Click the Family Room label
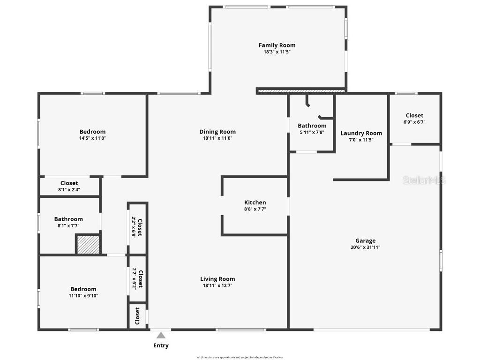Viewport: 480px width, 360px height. pos(277,45)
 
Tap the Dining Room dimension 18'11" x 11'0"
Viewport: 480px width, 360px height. pos(217,138)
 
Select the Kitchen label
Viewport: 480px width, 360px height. pos(255,202)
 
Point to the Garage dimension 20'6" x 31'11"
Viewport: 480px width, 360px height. pos(365,247)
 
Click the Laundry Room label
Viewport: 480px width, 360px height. pos(361,133)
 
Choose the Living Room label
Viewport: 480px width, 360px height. pos(217,279)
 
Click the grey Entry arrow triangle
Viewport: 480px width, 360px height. pos(161,335)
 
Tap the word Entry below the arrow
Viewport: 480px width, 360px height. pos(161,345)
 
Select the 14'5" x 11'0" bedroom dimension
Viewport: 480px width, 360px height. pos(92,138)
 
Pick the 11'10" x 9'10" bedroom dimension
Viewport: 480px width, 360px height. pos(83,296)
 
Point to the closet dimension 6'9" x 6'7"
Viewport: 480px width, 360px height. pos(414,122)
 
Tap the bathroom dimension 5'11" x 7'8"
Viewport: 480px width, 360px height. pos(312,132)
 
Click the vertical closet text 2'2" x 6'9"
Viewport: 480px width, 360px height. pos(134,227)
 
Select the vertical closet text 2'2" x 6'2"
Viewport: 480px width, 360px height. pos(134,279)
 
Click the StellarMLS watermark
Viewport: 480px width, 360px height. pos(424,180)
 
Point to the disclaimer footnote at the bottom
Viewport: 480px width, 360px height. pos(240,357)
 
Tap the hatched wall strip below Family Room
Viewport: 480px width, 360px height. pos(301,90)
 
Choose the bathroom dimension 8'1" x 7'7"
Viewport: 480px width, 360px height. pos(68,225)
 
